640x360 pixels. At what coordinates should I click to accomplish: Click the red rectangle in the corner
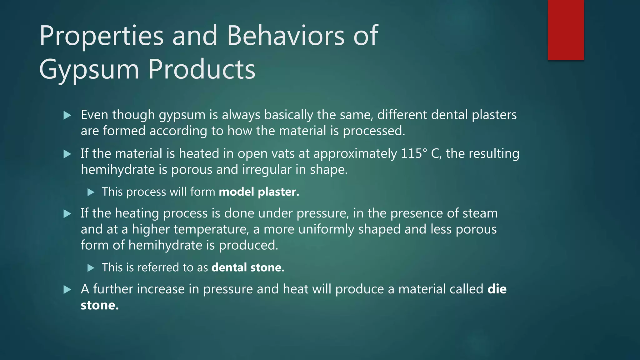point(566,30)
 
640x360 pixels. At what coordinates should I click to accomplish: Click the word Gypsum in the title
point(89,69)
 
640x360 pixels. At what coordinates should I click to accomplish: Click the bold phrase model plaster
point(259,192)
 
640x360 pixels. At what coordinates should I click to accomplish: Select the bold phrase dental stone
point(248,267)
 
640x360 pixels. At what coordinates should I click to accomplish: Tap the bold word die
point(497,289)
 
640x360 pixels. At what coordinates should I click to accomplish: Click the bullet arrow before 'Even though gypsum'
point(67,116)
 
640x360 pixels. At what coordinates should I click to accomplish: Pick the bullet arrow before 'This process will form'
point(91,192)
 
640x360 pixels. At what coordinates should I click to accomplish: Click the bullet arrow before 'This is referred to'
point(91,268)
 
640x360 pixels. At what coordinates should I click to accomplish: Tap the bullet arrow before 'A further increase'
point(67,290)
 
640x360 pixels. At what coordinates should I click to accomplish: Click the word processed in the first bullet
point(373,131)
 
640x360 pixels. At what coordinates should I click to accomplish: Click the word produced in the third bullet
point(248,245)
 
